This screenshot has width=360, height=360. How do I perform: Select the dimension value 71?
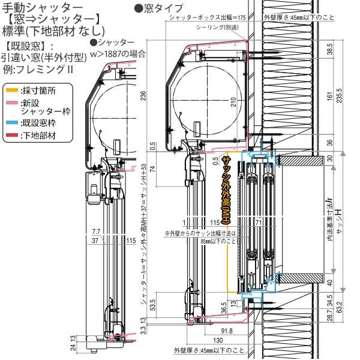coord(241,222)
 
